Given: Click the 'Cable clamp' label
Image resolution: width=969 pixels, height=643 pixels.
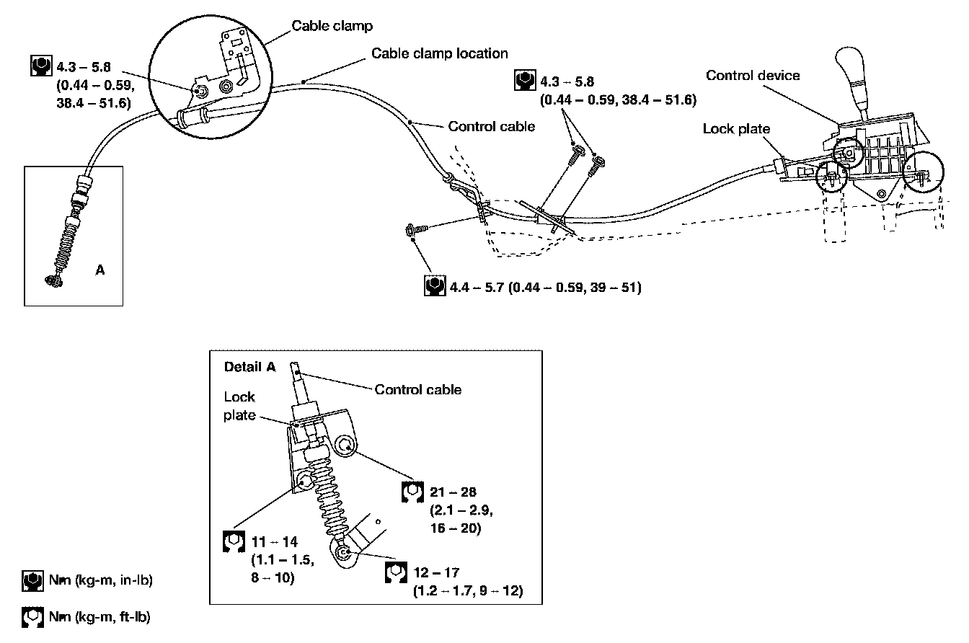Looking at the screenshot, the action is click(332, 26).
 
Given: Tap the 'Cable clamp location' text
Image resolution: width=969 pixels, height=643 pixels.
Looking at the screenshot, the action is click(440, 53).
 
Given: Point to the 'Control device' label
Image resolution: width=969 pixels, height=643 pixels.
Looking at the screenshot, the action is click(753, 75).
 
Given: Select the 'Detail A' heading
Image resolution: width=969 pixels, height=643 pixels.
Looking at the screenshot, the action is click(249, 367).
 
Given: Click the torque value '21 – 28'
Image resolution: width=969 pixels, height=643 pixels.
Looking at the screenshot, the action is click(453, 492).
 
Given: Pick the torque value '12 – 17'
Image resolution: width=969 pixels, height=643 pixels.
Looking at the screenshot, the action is click(436, 572).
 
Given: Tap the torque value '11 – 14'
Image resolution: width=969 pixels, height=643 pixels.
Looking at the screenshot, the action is click(274, 541).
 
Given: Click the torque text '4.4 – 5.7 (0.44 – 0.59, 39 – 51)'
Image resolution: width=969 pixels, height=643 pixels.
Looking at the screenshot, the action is click(546, 287).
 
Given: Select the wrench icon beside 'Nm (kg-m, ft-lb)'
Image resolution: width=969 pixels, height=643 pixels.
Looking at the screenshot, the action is click(32, 617).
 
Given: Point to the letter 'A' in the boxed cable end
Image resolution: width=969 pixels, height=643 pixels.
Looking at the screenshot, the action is click(100, 270).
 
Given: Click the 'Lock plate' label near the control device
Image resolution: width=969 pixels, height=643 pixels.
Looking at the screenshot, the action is click(736, 128).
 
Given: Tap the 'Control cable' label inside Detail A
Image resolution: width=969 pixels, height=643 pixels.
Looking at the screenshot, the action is click(418, 389).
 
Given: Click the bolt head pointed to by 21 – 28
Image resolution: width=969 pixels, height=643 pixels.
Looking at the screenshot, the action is click(345, 445).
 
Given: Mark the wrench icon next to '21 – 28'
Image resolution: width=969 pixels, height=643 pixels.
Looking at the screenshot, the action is click(412, 492).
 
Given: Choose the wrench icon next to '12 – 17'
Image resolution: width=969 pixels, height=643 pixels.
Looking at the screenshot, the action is click(396, 572).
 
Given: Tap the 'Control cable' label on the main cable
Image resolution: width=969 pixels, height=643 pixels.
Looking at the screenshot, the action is click(492, 126).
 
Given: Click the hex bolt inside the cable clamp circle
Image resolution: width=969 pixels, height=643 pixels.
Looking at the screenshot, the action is click(200, 92).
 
